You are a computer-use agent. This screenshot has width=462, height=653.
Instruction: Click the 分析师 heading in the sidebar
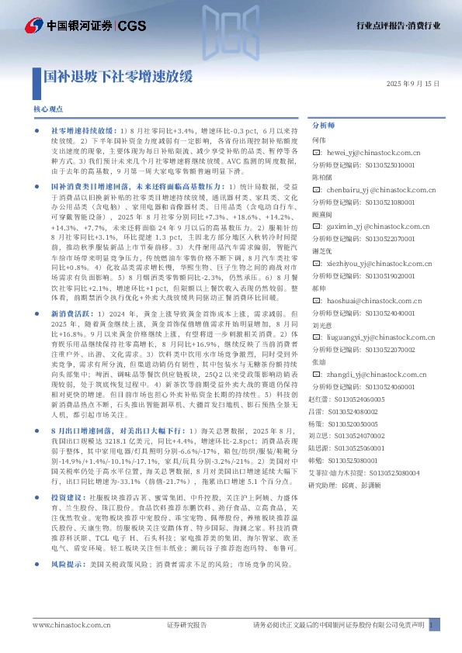(x=322, y=124)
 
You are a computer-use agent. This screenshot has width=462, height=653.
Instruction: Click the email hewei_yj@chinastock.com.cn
(x=372, y=154)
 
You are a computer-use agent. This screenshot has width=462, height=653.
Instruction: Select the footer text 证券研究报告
(x=187, y=625)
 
